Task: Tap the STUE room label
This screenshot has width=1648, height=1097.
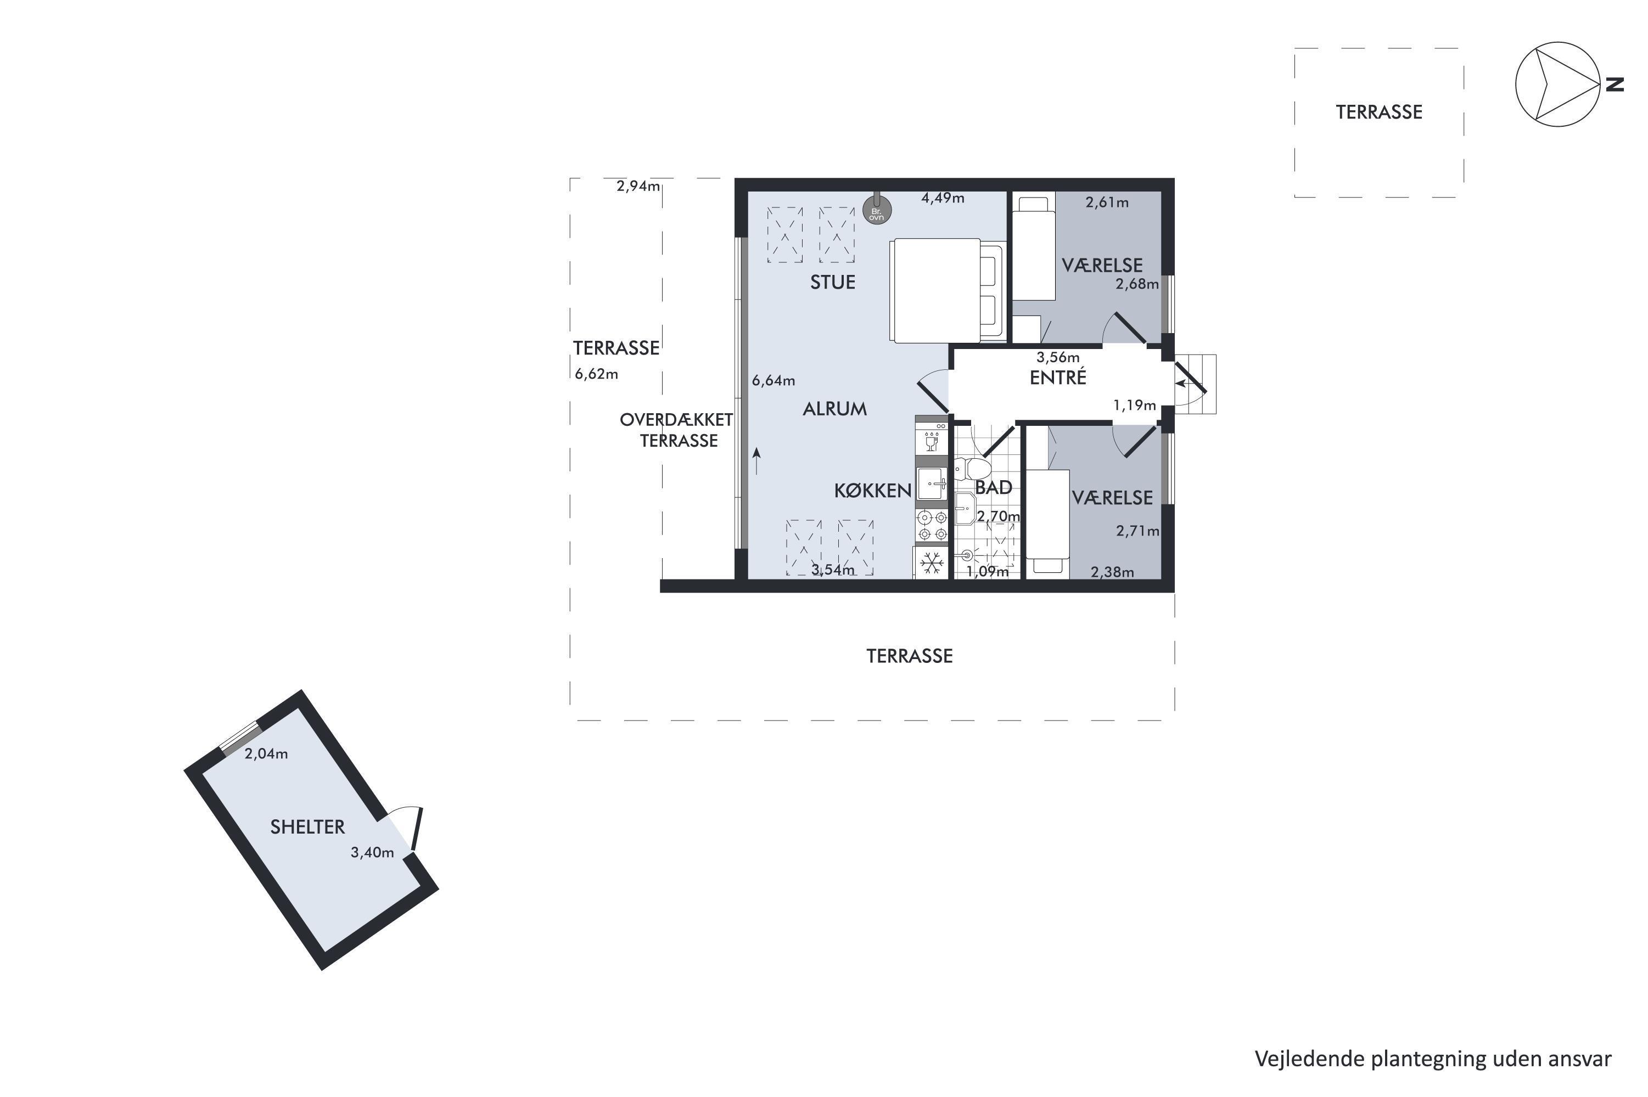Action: (832, 282)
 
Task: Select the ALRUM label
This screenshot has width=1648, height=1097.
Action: (834, 409)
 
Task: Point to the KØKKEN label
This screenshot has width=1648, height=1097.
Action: (873, 491)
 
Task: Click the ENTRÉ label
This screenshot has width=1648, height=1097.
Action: (1057, 377)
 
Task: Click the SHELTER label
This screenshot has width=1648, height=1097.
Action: (307, 826)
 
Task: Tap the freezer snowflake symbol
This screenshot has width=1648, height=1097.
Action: (930, 563)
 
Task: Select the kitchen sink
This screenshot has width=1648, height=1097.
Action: (932, 483)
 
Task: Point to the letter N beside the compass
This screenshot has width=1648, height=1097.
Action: (1615, 85)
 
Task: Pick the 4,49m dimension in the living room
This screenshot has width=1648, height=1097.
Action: (943, 198)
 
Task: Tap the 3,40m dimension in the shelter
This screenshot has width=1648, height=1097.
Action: (372, 852)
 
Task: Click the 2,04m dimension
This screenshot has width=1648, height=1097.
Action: (266, 753)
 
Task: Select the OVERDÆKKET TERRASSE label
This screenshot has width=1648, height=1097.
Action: (677, 430)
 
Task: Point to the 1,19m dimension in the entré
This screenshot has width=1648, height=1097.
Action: (1134, 404)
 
